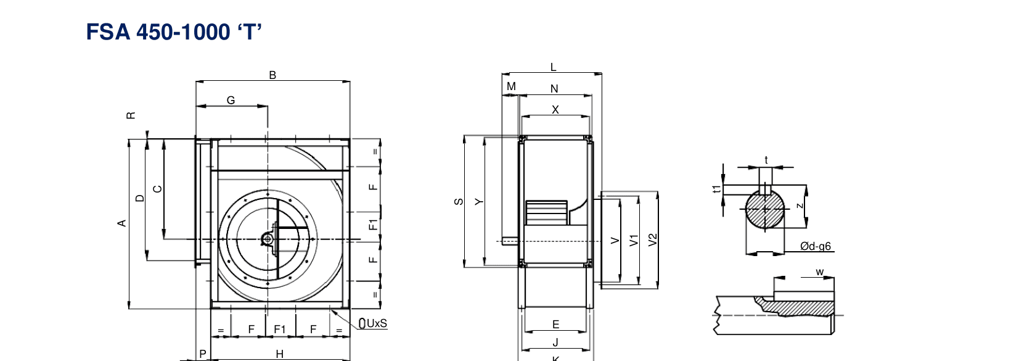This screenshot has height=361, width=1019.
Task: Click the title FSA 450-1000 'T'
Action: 174,32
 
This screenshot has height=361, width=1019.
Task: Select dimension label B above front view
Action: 272,75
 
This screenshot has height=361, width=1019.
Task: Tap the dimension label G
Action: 231,100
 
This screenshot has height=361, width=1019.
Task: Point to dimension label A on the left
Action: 121,223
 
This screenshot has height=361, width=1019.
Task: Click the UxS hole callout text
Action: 377,323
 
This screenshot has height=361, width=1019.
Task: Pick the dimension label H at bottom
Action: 280,354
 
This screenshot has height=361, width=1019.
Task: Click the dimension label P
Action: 203,354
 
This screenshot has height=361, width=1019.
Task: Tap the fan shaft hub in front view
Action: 268,239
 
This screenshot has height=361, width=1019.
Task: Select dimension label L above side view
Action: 553,67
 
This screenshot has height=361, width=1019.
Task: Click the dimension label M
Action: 511,86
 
